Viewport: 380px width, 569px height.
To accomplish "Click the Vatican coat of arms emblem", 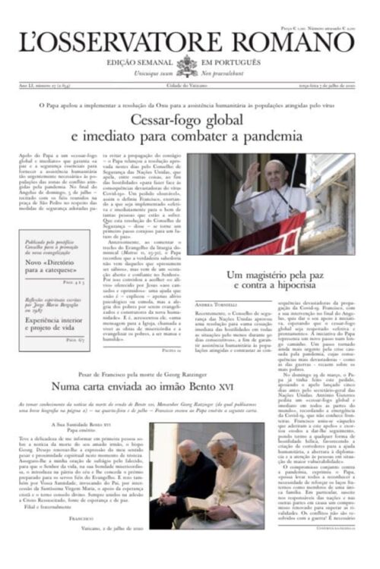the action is coord(187,66).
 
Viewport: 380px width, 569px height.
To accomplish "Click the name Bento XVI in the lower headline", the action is coord(262,386).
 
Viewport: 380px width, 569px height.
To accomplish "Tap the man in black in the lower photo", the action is coord(176,474).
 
